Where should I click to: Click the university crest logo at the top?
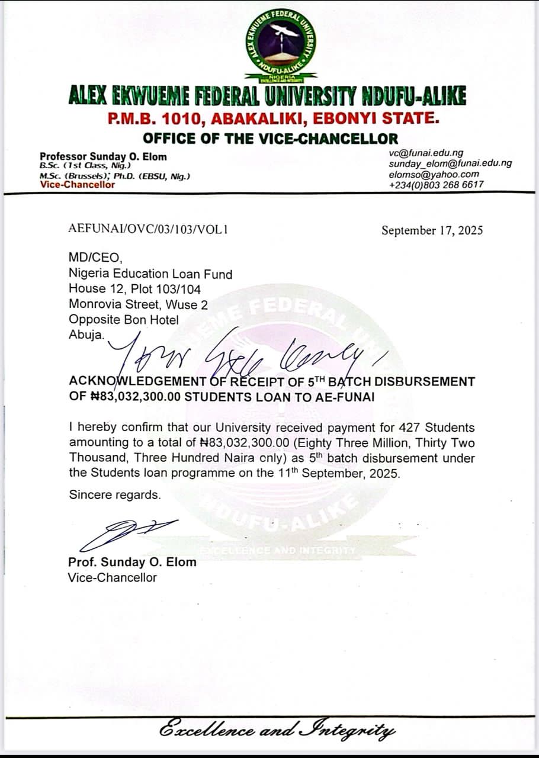pyautogui.click(x=281, y=46)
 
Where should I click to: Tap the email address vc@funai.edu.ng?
pyautogui.click(x=426, y=153)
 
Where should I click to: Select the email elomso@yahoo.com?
pyautogui.click(x=434, y=174)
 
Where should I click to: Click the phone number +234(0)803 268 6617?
pyautogui.click(x=436, y=185)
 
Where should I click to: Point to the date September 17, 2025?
pyautogui.click(x=432, y=230)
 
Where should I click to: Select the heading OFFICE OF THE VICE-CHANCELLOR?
pyautogui.click(x=270, y=139)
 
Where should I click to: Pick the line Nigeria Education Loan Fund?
pyautogui.click(x=150, y=274)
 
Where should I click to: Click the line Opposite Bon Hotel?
pyautogui.click(x=124, y=320)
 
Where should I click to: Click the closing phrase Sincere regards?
pyautogui.click(x=115, y=495)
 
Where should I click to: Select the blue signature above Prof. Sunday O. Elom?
pyautogui.click(x=127, y=532)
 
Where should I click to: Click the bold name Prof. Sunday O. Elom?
pyautogui.click(x=132, y=562)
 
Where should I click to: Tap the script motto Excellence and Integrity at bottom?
pyautogui.click(x=277, y=730)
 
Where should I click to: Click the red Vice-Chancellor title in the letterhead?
pyautogui.click(x=78, y=185)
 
